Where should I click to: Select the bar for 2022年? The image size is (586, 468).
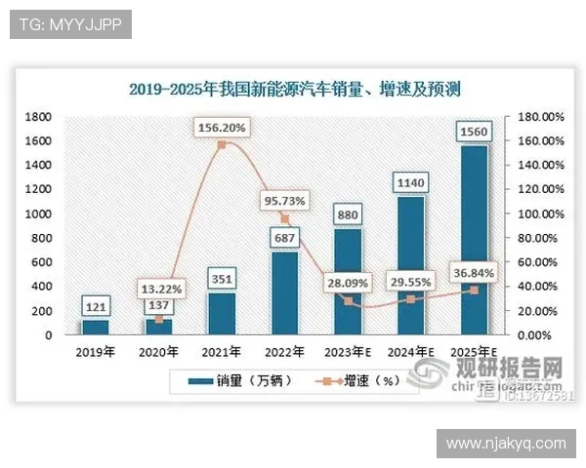(x=285, y=292)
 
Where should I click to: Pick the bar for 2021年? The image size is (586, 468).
(x=222, y=313)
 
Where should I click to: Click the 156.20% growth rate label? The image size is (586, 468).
(x=223, y=127)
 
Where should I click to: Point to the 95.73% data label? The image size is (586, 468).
(x=285, y=201)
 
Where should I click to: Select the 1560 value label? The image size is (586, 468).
(x=475, y=130)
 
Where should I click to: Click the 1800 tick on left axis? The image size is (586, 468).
(x=38, y=116)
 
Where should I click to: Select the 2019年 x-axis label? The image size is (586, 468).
(x=95, y=351)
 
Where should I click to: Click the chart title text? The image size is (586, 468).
(x=294, y=89)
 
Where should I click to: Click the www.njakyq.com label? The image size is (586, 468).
(x=506, y=444)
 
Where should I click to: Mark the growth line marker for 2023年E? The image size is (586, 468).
(x=348, y=301)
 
